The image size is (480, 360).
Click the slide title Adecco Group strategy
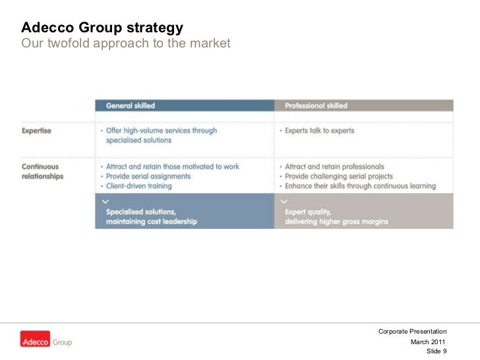[102, 28]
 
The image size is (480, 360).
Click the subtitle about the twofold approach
[126, 44]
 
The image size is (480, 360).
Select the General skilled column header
[131, 105]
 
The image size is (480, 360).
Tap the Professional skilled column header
[316, 105]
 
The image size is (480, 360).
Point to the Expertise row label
[36, 131]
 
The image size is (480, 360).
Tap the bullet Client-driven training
[138, 186]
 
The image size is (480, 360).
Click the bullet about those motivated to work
[172, 167]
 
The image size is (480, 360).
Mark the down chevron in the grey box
[284, 200]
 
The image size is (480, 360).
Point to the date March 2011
[428, 342]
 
